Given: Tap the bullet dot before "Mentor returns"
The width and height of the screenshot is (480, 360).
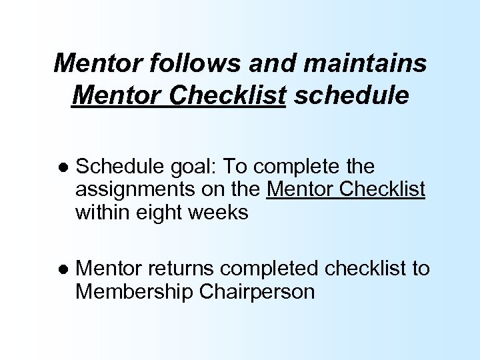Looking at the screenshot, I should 61,269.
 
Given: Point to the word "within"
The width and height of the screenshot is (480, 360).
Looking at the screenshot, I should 105,213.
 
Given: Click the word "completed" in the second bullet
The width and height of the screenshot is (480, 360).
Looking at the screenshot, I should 271,269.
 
